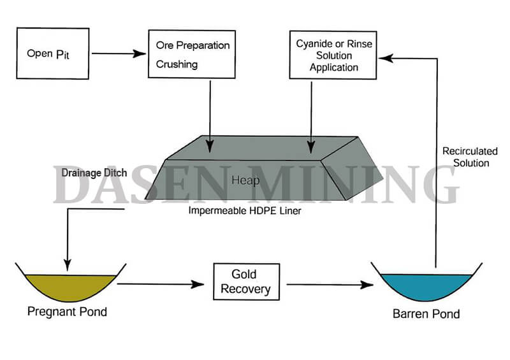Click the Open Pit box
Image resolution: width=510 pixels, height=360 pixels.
click(53, 54)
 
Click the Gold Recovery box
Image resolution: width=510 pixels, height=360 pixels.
click(245, 282)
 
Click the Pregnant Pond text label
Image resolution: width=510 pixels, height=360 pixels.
click(67, 312)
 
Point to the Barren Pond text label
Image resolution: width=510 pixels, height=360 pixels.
click(426, 313)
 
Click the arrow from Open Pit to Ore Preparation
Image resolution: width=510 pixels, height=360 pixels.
click(119, 54)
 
